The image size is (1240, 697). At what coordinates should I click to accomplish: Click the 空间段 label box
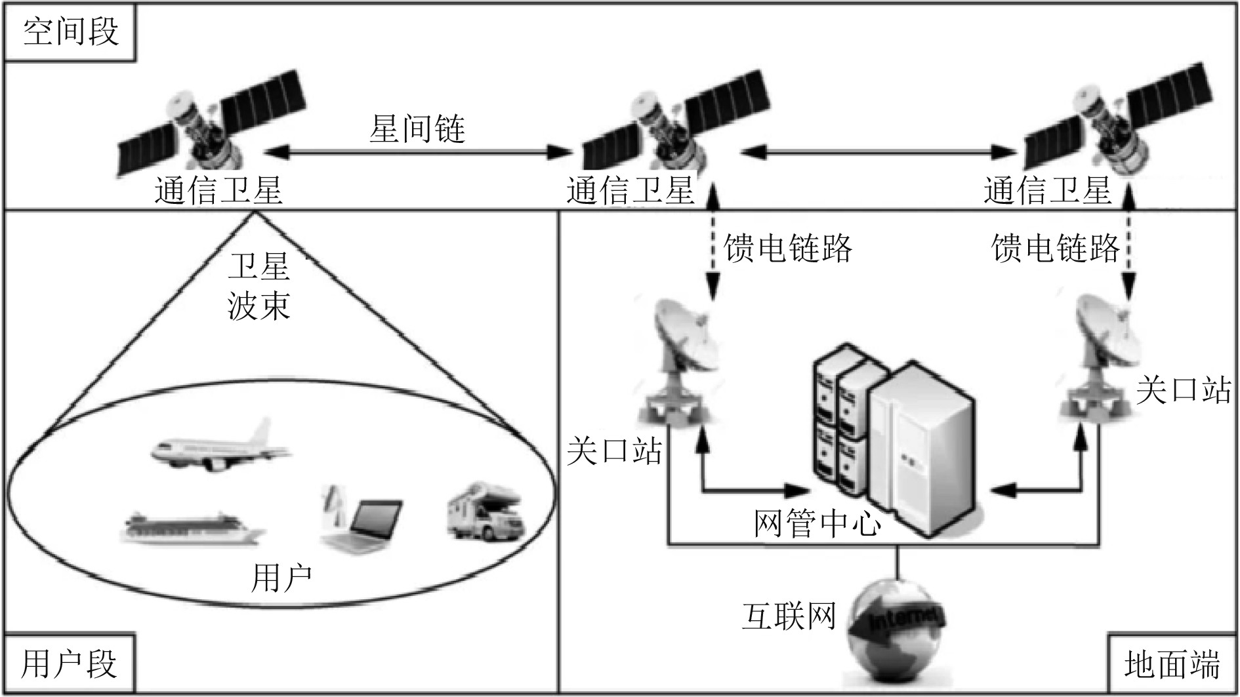(x=70, y=32)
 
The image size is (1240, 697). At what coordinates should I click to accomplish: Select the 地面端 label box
(x=1172, y=664)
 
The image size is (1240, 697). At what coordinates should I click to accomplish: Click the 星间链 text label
(x=417, y=128)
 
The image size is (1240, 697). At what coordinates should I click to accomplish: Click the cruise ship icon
(x=192, y=528)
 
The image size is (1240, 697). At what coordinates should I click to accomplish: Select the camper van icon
(x=486, y=511)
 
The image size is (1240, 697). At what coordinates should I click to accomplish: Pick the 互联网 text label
(x=789, y=616)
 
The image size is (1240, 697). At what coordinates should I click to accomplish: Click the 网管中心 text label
(x=817, y=523)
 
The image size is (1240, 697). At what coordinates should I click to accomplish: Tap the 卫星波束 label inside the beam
(x=258, y=287)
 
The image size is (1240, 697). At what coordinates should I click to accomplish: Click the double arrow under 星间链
(x=417, y=153)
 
